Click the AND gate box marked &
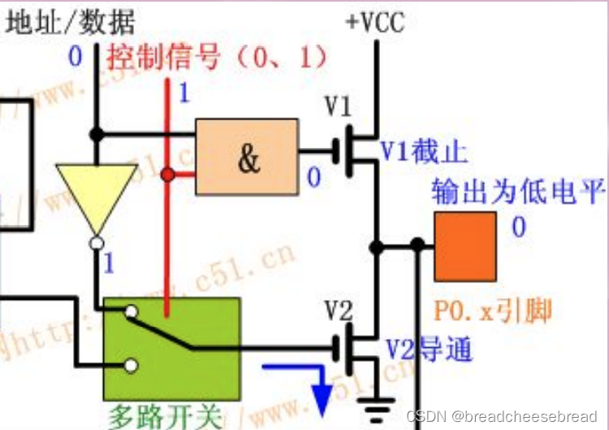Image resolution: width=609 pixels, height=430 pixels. pyautogui.click(x=247, y=157)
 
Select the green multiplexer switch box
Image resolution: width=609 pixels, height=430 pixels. pyautogui.click(x=171, y=348)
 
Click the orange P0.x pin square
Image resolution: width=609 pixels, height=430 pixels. pyautogui.click(x=465, y=247)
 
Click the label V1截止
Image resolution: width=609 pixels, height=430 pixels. pyautogui.click(x=424, y=150)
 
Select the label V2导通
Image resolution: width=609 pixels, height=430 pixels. pyautogui.click(x=428, y=350)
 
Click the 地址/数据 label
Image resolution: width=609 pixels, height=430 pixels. pyautogui.click(x=71, y=22)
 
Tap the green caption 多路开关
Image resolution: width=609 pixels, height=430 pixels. pyautogui.click(x=165, y=416)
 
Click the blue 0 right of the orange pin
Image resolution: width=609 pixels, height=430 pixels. pyautogui.click(x=518, y=227)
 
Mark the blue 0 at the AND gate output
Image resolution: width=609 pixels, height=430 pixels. pyautogui.click(x=313, y=176)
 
